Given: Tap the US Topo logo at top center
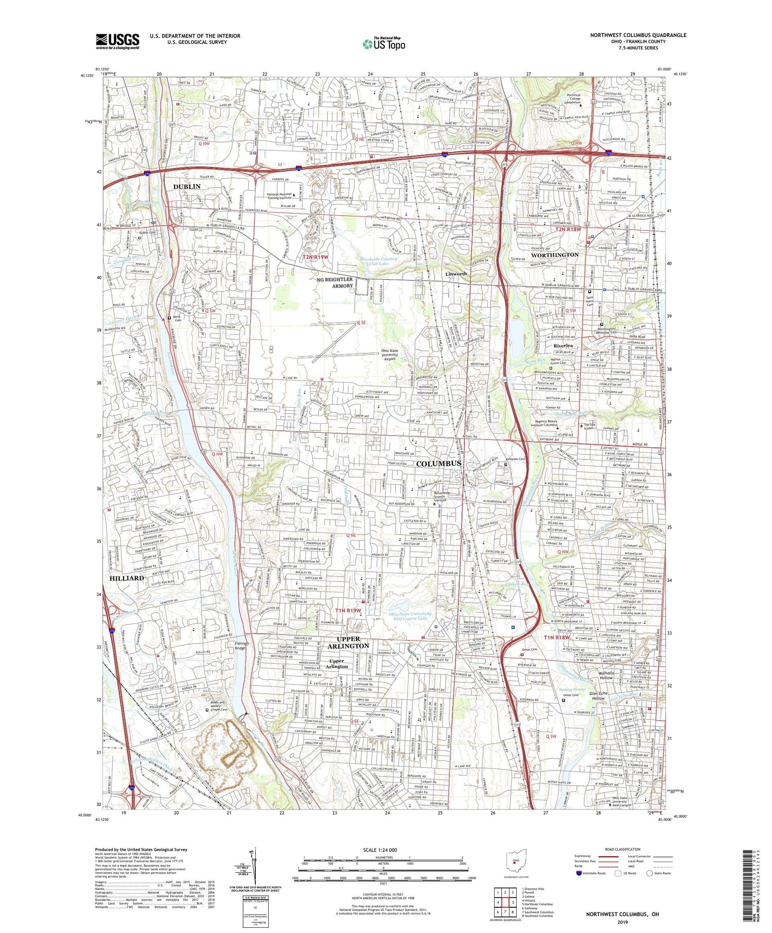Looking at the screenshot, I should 384,44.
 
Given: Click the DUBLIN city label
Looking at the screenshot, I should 187,186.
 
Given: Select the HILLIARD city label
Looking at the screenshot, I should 127,578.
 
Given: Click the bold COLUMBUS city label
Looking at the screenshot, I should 438,464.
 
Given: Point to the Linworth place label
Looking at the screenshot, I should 456,274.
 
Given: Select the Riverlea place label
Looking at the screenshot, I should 563,345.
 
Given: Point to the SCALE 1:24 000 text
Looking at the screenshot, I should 383,850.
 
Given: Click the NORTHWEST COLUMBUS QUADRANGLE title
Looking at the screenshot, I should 638,35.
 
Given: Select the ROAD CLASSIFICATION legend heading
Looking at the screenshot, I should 622,849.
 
